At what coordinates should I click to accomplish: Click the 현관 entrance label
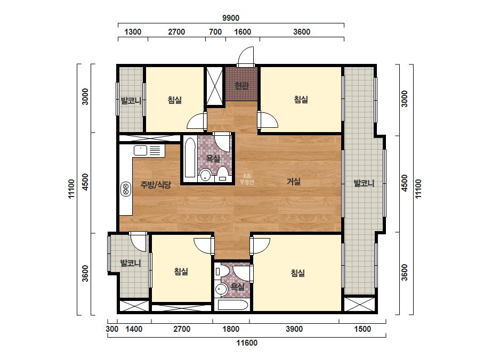coord(242,85)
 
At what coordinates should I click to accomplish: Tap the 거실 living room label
coord(294,182)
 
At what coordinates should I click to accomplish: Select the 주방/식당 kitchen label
coord(156,185)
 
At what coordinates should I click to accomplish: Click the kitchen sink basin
coord(141,151)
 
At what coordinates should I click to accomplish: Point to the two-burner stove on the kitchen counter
coord(126,189)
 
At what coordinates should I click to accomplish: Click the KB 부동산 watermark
coord(247,179)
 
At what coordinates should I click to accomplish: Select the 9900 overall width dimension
coord(231,18)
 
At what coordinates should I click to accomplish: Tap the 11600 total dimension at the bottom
coord(247,343)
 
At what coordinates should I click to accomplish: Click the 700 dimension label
coord(215,31)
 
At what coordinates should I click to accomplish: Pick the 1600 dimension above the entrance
coord(243,31)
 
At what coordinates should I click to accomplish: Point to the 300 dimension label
coord(112,329)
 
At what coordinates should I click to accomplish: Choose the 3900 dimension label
coord(294,329)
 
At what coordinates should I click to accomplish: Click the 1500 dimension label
coord(362,329)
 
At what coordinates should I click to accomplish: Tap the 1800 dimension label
coord(231,329)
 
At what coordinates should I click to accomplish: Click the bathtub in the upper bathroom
coord(190,158)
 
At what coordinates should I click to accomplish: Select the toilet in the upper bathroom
coord(223,174)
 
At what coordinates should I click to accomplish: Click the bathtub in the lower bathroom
coord(233,305)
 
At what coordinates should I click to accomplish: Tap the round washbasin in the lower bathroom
coord(221,289)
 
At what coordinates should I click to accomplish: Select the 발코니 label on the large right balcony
coord(364,183)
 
